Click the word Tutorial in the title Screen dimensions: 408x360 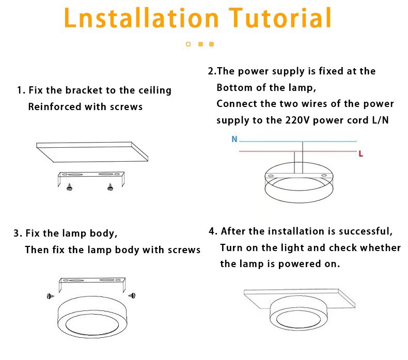click(x=280, y=17)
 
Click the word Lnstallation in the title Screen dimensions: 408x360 click(x=141, y=17)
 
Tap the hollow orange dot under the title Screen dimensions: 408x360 click(x=188, y=44)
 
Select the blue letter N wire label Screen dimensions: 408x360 click(x=234, y=139)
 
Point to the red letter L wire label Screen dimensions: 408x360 click(x=360, y=154)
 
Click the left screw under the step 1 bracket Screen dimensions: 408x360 click(x=69, y=187)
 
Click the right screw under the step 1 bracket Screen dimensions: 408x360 click(x=110, y=187)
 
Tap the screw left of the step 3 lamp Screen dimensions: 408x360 click(x=51, y=296)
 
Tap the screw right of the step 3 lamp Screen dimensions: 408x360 click(x=132, y=295)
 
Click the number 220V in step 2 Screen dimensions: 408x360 click(x=297, y=120)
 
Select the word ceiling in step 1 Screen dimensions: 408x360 click(x=155, y=90)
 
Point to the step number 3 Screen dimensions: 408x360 click(x=17, y=233)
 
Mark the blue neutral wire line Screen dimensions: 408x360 click(x=297, y=142)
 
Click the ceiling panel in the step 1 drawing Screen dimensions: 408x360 click(x=92, y=152)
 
